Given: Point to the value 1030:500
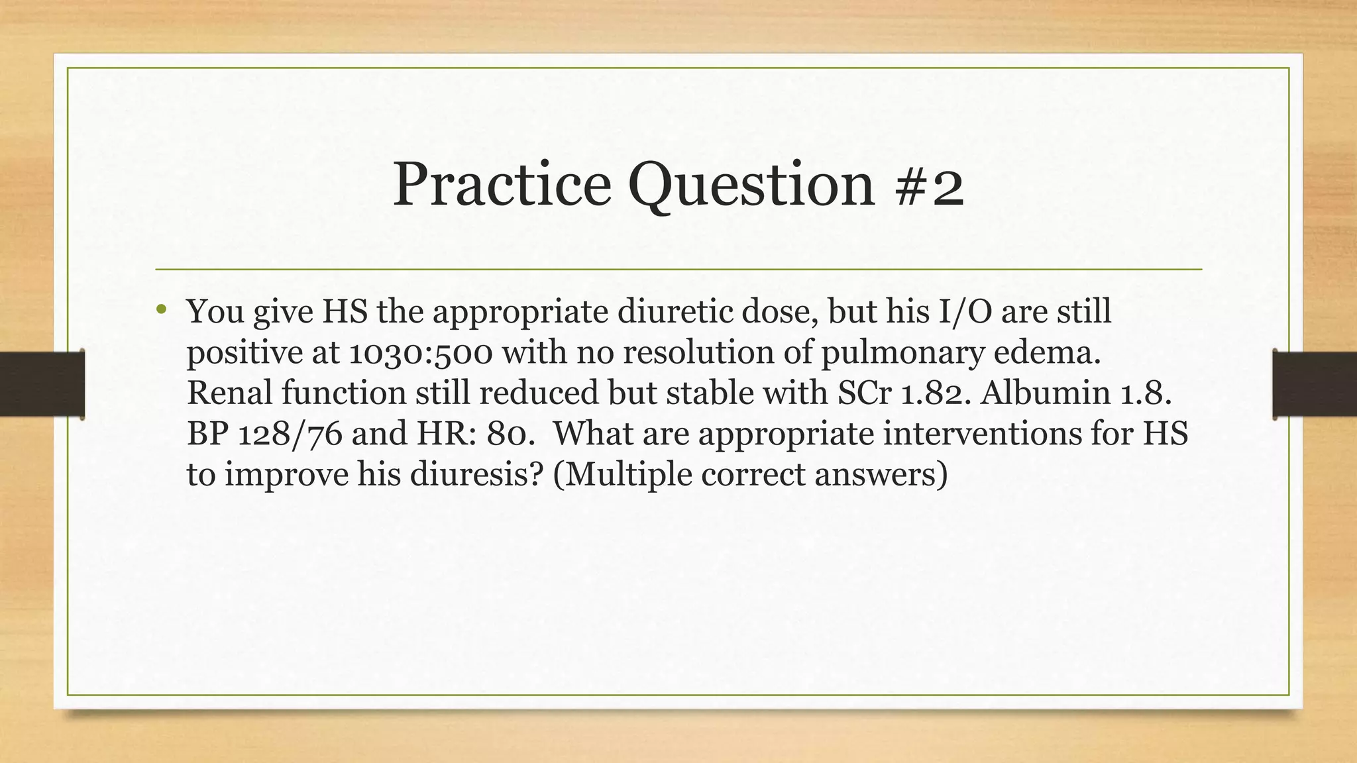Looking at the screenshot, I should (x=420, y=352).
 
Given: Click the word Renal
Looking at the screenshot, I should (x=229, y=393).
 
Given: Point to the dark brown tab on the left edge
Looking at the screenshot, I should (x=42, y=384).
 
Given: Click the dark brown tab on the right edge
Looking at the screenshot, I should (x=1315, y=384).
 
